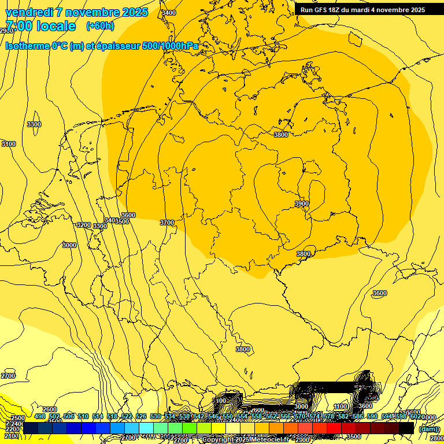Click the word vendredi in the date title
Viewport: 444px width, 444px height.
point(30,12)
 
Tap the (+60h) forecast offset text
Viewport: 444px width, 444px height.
point(100,26)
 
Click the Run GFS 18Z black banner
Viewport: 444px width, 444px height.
point(362,10)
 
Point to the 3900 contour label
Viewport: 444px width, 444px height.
point(302,203)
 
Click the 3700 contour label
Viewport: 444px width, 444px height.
point(166,223)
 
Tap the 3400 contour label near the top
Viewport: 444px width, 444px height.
point(169,13)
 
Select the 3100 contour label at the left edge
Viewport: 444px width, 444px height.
point(9,144)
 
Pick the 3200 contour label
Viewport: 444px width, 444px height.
point(84,225)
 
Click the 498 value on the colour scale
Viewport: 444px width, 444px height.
point(40,417)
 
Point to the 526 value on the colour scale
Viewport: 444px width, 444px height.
point(141,417)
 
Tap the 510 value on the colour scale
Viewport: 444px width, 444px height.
point(83,417)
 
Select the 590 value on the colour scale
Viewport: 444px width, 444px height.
point(372,417)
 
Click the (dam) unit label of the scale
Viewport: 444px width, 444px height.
point(428,428)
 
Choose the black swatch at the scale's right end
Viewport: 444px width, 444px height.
point(406,428)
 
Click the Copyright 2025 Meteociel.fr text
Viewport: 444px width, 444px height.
point(245,440)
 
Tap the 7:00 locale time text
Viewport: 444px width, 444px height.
point(40,26)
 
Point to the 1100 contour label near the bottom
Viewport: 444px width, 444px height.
point(341,407)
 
